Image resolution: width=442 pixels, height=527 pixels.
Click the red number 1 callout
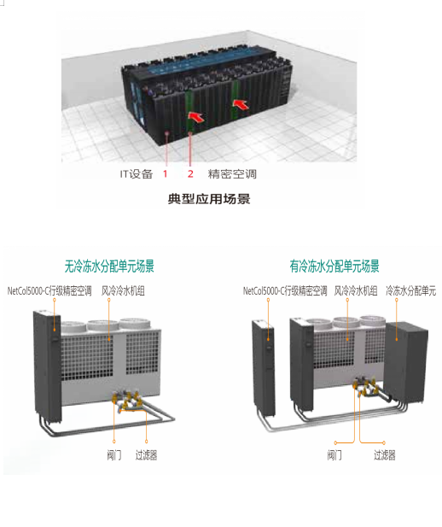point(165,173)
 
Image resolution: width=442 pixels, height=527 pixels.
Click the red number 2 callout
point(190,173)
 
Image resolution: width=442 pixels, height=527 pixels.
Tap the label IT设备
point(137,174)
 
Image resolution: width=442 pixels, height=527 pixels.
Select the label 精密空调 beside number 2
point(232,174)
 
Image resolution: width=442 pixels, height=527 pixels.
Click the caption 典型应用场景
point(209,199)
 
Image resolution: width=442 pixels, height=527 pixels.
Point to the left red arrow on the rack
point(196,117)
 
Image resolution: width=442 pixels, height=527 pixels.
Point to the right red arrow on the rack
point(241,104)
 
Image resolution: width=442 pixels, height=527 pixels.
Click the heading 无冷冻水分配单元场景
point(109,266)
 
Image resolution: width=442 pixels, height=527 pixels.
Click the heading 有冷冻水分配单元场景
point(334,266)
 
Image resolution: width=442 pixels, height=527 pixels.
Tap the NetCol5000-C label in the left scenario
point(49,290)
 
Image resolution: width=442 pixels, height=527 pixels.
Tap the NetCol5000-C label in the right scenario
point(285,290)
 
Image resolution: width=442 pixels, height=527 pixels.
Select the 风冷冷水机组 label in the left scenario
point(123,290)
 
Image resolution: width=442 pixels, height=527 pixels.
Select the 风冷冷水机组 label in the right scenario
point(356,290)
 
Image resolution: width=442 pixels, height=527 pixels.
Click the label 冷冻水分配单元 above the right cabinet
point(410,290)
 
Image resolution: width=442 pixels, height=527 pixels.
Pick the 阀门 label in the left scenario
point(113,455)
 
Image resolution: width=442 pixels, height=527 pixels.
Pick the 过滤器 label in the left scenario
point(146,455)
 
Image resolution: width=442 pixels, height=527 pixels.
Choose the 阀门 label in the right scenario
point(334,455)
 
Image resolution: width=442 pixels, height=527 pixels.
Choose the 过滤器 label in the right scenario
point(385,455)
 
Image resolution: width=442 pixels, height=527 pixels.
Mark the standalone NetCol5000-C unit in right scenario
point(264,368)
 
